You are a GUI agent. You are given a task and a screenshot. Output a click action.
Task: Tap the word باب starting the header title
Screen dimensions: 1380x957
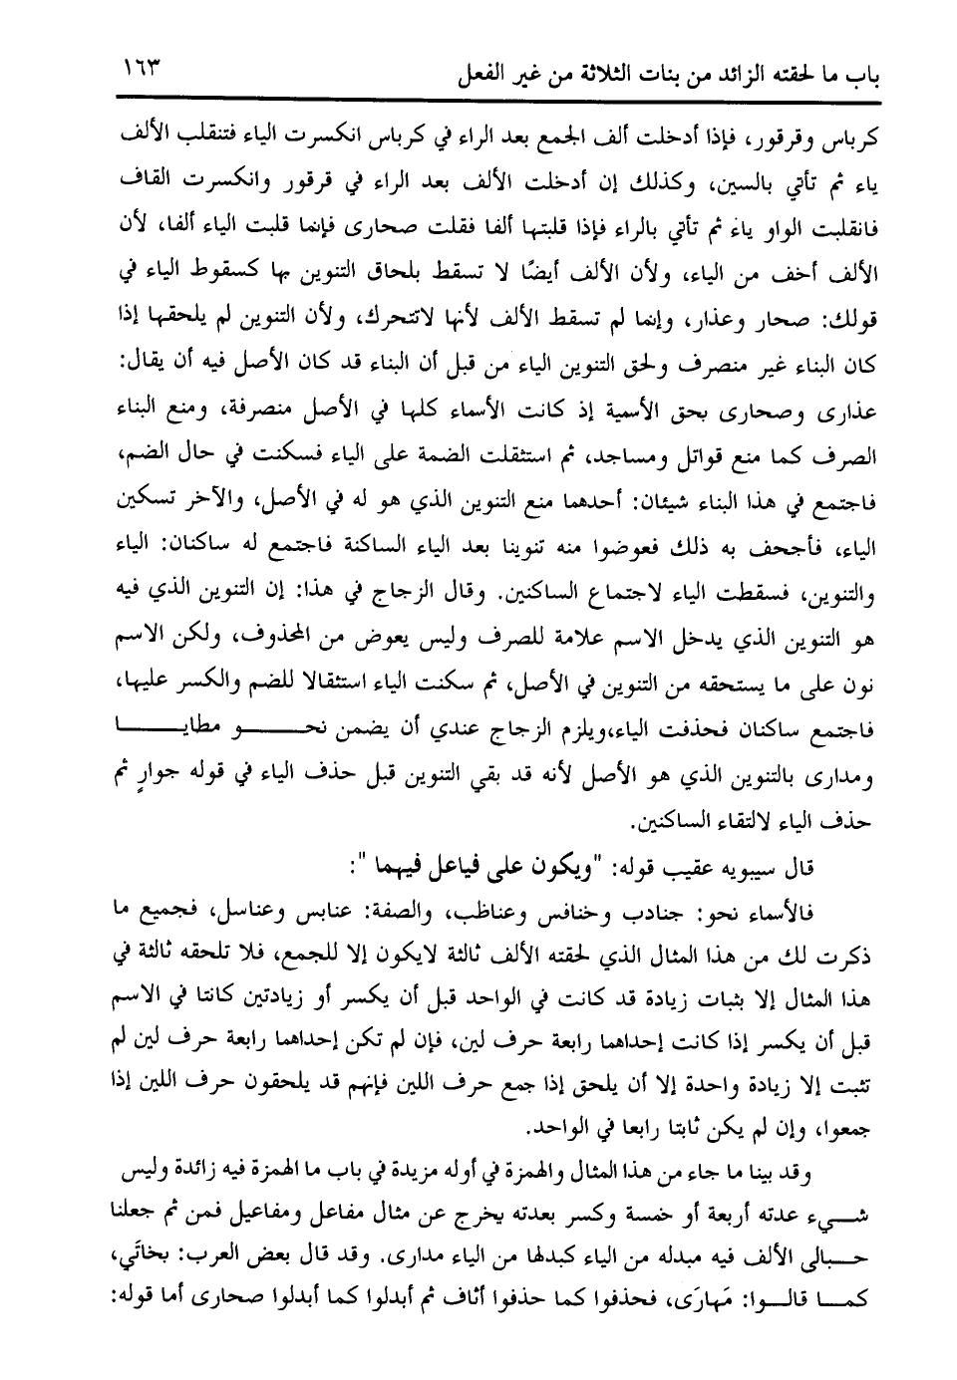(834, 76)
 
